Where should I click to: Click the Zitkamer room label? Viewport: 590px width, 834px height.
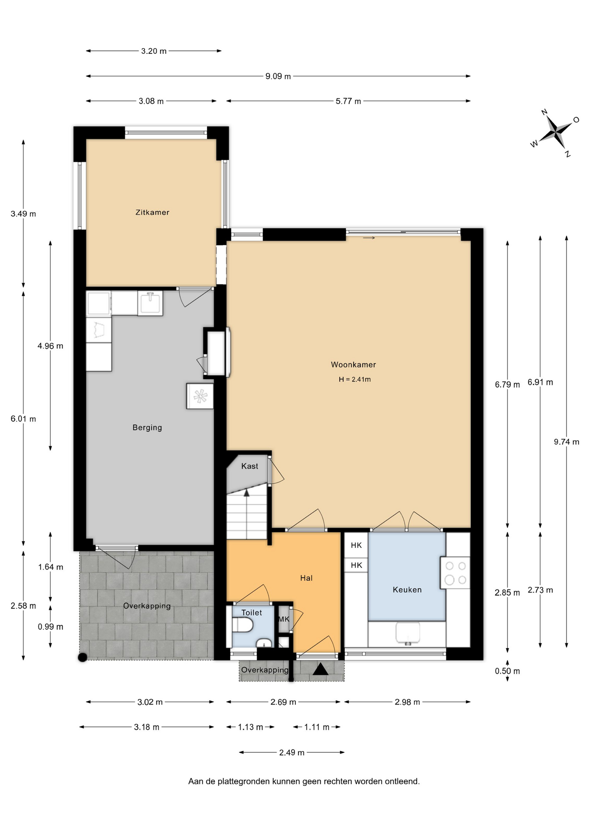pos(152,212)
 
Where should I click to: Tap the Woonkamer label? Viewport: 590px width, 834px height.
pos(353,365)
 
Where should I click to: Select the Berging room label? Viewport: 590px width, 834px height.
pos(147,428)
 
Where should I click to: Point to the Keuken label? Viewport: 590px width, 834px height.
pos(407,590)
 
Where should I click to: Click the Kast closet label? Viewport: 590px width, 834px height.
pos(250,466)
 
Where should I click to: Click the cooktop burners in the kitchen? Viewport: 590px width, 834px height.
pos(455,573)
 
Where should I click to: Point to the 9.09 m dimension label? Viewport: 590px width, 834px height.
pos(278,76)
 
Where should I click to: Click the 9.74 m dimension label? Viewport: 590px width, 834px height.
pos(567,442)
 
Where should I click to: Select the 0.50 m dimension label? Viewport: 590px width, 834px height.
pos(507,671)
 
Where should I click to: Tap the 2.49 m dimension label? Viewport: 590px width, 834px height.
pos(292,753)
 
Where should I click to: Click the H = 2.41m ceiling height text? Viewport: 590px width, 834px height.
pos(355,379)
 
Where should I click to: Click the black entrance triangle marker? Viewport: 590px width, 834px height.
pos(321,669)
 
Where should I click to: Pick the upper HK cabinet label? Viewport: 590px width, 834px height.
pos(356,546)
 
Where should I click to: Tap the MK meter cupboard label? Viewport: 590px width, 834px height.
pos(284,619)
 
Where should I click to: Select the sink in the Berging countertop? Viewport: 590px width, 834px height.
pos(150,303)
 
